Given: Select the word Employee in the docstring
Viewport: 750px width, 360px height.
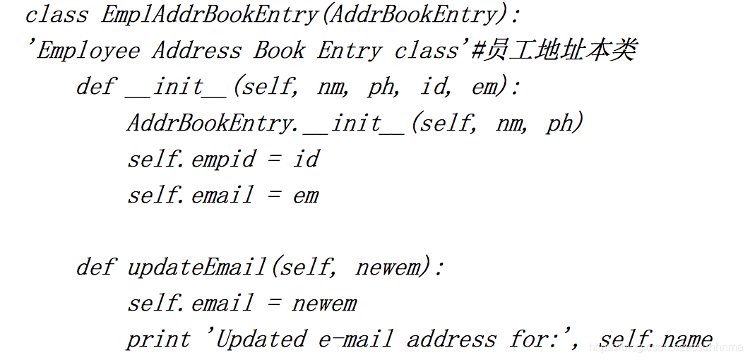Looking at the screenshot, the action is click(88, 51).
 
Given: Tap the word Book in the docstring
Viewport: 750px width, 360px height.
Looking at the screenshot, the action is click(280, 51).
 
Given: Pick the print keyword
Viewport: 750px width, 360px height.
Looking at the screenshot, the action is click(158, 340).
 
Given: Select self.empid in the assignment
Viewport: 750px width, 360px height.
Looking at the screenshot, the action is click(191, 159).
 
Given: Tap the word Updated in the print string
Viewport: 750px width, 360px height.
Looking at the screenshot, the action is click(261, 340).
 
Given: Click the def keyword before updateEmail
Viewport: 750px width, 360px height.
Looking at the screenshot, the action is click(95, 268).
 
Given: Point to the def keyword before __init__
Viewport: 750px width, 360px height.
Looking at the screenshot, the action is click(95, 87).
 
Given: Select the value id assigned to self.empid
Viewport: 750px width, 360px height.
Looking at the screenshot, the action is click(306, 159).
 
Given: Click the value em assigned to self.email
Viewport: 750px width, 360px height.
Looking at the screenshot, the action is click(306, 196).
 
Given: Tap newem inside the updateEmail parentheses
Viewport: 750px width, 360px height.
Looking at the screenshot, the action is click(388, 268).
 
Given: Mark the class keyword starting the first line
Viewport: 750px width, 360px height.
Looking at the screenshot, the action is click(56, 15).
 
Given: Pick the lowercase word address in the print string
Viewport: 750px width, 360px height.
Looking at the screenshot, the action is click(451, 340).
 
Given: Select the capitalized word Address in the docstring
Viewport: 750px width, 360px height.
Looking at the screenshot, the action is click(197, 51).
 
